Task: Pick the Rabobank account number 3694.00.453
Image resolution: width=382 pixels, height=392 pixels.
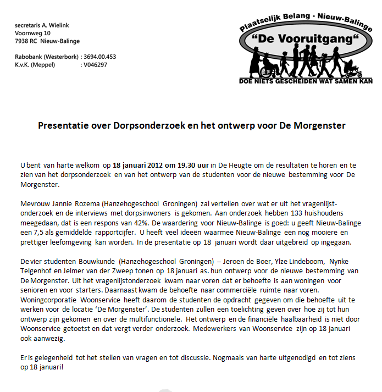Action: pos(100,57)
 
